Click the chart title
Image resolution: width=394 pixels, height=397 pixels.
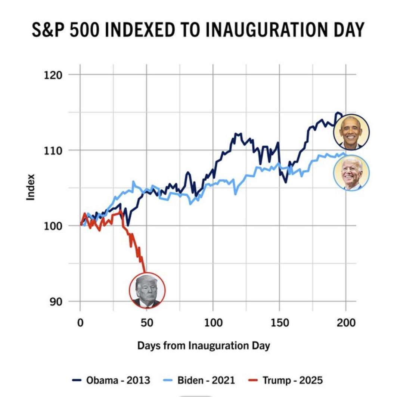coord(198,30)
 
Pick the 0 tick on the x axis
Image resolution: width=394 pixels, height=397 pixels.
coord(80,322)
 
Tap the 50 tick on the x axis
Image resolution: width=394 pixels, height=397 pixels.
coord(146,322)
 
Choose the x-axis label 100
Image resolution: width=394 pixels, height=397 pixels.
coord(212,322)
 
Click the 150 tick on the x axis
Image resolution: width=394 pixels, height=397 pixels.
coord(279,322)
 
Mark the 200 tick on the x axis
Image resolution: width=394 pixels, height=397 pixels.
coord(345,322)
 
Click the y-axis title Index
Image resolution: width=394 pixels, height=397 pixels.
coord(31,187)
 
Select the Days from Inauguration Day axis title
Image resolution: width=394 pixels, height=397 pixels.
coord(204,345)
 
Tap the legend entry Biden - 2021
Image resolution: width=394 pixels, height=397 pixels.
coord(199,381)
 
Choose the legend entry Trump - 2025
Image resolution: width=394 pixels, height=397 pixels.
coord(286,381)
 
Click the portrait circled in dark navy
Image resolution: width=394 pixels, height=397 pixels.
coord(351,132)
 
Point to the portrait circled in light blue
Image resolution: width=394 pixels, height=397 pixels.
coord(351,173)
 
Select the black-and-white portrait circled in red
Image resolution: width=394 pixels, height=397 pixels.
coord(147,290)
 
